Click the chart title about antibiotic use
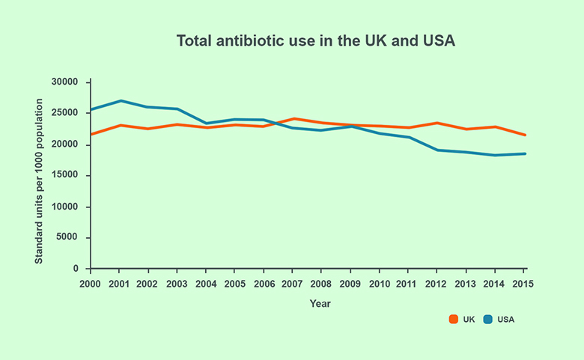315,40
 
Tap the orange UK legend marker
454,319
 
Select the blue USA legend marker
488,319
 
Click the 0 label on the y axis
76,269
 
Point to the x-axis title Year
320,304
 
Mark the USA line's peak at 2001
119,100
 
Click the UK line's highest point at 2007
293,118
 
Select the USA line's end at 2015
525,153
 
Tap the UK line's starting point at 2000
91,135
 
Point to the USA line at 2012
438,150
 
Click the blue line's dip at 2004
206,123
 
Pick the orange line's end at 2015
525,135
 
